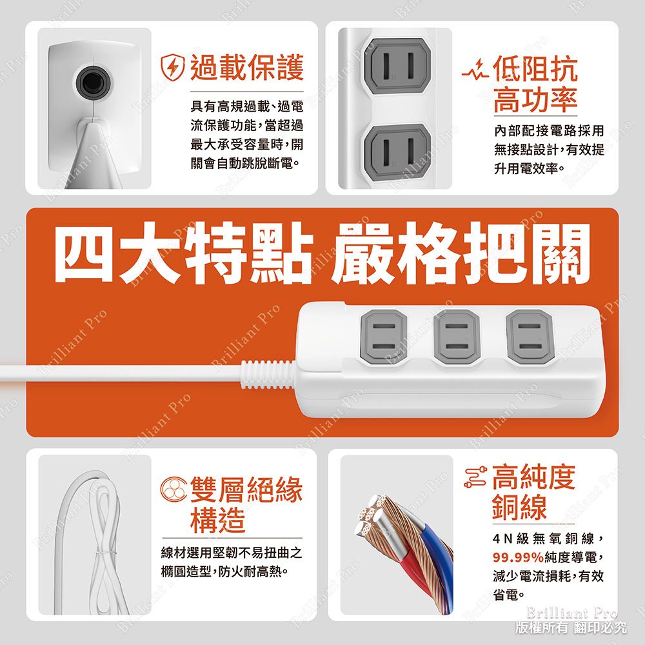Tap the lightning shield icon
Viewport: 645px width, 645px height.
coord(174,68)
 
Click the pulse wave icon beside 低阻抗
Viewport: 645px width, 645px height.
coord(477,69)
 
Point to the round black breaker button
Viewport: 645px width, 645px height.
coord(92,82)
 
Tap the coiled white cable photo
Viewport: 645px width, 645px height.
coord(95,535)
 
